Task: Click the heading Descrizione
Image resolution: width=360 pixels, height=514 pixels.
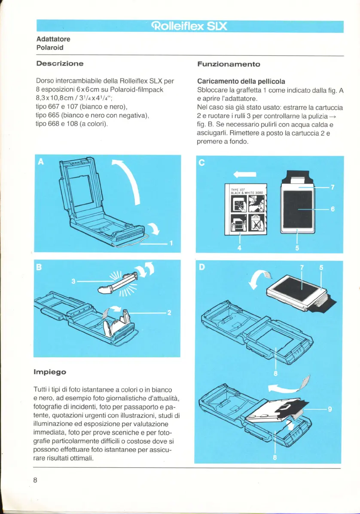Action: pyautogui.click(x=59, y=64)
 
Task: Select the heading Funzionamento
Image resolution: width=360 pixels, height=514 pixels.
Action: pyautogui.click(x=229, y=64)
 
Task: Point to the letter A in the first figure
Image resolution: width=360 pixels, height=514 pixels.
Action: pyautogui.click(x=41, y=161)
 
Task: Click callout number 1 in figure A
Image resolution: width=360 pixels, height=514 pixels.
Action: pyautogui.click(x=171, y=244)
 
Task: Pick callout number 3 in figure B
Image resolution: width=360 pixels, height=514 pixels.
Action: pyautogui.click(x=73, y=282)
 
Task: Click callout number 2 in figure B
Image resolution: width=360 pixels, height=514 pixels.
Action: pyautogui.click(x=170, y=313)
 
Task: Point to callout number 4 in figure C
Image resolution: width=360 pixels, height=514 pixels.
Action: pyautogui.click(x=239, y=247)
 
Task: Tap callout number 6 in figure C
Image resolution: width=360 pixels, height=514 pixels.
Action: pyautogui.click(x=332, y=209)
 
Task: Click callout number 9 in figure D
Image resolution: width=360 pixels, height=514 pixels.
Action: pyautogui.click(x=330, y=409)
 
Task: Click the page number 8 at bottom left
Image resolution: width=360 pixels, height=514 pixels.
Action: pyautogui.click(x=36, y=480)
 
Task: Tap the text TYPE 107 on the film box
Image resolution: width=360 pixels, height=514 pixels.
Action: pyautogui.click(x=237, y=189)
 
